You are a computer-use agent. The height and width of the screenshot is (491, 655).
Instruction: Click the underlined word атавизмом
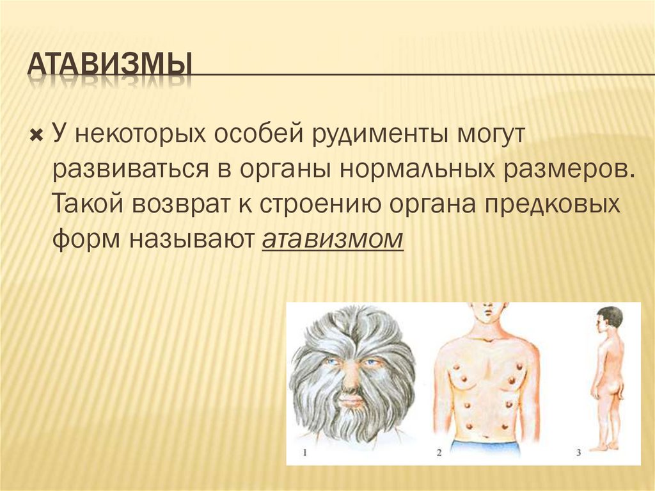pos(333,239)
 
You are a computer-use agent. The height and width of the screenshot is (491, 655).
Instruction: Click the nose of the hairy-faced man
pos(351,381)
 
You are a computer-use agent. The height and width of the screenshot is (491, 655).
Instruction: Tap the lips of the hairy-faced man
pos(351,401)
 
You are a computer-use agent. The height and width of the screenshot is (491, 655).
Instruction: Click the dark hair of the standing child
pos(611,315)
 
